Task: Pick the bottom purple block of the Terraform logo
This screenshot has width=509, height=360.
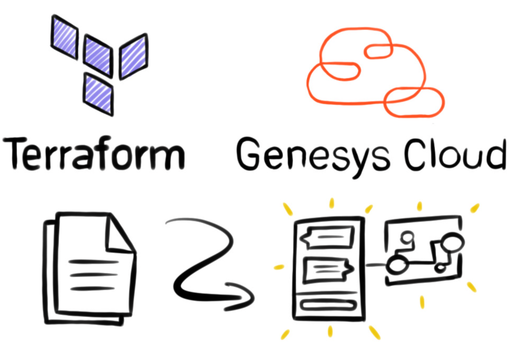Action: [98, 93]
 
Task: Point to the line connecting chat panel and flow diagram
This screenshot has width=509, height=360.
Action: [374, 265]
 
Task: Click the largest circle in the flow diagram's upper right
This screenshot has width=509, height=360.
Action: [453, 243]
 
